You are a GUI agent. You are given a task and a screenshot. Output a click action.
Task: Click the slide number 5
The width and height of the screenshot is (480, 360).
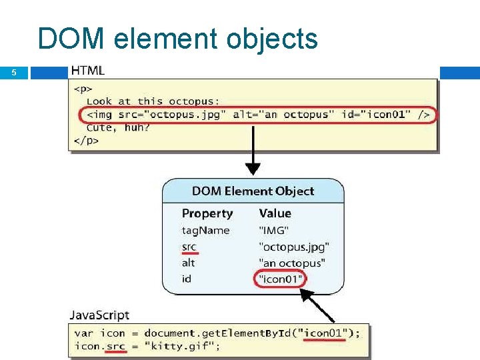(x=13, y=73)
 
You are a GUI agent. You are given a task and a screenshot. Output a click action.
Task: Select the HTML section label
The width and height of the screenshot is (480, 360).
(x=87, y=71)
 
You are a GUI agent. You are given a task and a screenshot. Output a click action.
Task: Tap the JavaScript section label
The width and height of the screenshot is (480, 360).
(x=99, y=315)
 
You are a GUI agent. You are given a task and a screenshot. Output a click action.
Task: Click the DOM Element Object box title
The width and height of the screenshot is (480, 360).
(x=253, y=191)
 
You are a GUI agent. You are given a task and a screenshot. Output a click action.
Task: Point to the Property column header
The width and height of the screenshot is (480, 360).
(x=207, y=213)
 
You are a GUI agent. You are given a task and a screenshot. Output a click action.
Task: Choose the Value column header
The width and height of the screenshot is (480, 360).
(x=275, y=213)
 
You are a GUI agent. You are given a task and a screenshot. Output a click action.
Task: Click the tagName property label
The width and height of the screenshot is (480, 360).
(x=205, y=231)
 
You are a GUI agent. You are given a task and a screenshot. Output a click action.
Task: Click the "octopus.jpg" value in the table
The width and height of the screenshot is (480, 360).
(x=294, y=247)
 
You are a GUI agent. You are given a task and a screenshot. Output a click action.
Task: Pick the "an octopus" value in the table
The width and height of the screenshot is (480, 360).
(x=292, y=263)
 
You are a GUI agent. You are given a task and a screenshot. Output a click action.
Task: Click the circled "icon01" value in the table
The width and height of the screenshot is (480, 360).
(x=279, y=279)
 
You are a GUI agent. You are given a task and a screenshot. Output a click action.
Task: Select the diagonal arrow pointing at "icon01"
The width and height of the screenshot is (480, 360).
(x=319, y=307)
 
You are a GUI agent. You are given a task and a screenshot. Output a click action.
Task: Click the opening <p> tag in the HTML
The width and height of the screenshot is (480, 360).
(x=83, y=89)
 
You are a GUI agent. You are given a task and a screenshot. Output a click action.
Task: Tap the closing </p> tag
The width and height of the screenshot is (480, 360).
(x=86, y=140)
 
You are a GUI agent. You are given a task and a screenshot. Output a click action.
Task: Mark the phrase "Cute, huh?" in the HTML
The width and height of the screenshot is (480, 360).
(x=118, y=127)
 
